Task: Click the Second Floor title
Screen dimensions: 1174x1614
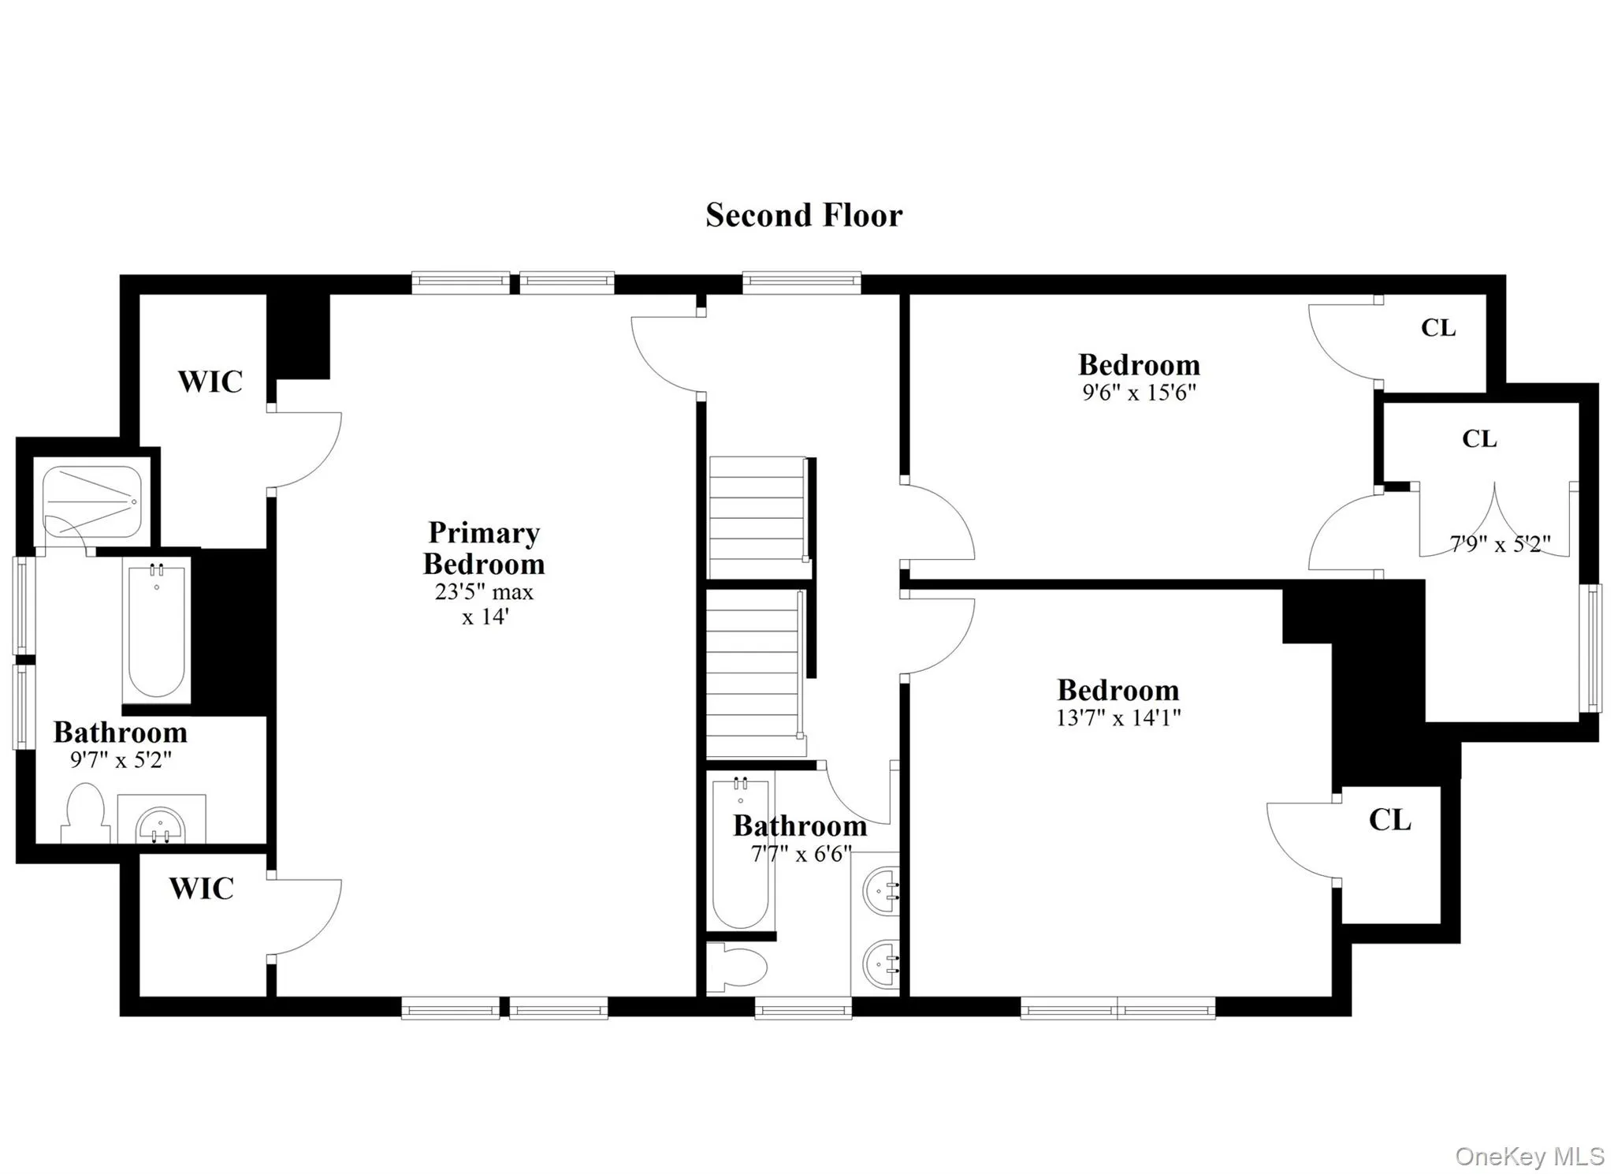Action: (x=803, y=215)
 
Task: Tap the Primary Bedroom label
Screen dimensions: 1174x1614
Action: (x=484, y=548)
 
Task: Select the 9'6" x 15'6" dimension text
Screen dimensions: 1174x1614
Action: (x=1139, y=393)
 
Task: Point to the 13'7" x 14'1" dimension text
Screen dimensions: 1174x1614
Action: (x=1118, y=717)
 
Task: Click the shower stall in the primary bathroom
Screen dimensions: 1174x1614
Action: (x=92, y=501)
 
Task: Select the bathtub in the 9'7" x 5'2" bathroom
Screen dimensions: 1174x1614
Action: (x=157, y=630)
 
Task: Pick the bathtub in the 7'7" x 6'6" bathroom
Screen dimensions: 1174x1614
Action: (x=740, y=852)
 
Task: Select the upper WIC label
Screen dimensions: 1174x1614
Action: (x=210, y=382)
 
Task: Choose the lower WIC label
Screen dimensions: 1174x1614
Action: (x=201, y=889)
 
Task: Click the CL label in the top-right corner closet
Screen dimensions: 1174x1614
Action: (x=1438, y=328)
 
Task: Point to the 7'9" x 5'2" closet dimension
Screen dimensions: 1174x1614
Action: (x=1500, y=544)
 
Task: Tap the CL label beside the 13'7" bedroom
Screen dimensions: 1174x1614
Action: (x=1389, y=820)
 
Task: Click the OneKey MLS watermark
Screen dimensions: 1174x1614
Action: (x=1529, y=1156)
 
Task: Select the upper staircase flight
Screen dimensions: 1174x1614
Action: (x=757, y=516)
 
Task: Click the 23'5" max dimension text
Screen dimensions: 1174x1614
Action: (x=484, y=592)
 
